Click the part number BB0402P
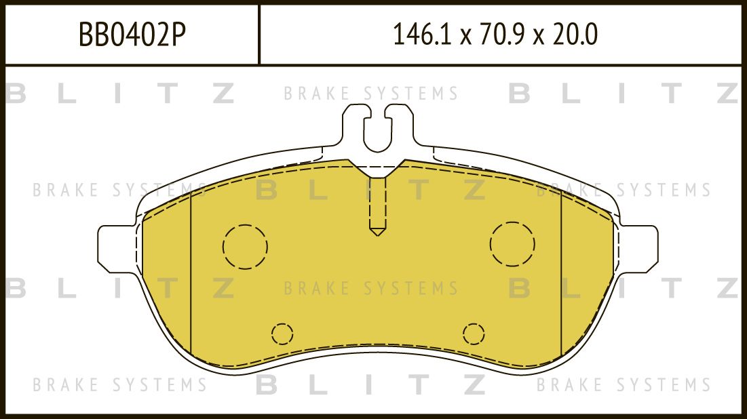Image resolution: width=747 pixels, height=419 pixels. pyautogui.click(x=132, y=35)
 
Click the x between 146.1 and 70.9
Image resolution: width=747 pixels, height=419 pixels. pyautogui.click(x=465, y=36)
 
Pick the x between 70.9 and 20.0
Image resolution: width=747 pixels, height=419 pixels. pyautogui.click(x=539, y=36)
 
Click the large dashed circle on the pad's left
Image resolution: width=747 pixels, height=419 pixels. pyautogui.click(x=245, y=245)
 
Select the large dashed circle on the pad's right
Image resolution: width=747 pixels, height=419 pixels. pyautogui.click(x=512, y=243)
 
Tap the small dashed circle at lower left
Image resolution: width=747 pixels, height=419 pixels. pyautogui.click(x=282, y=334)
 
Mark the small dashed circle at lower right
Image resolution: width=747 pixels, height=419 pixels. pyautogui.click(x=474, y=334)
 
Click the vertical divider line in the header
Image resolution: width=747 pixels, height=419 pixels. pyautogui.click(x=259, y=35)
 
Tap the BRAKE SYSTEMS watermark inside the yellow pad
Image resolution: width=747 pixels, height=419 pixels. pyautogui.click(x=371, y=288)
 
